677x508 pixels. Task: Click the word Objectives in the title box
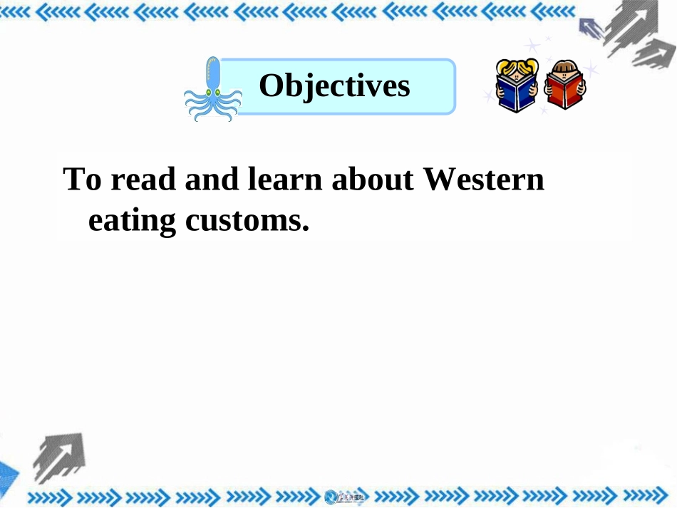click(334, 86)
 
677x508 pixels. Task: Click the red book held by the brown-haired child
click(564, 93)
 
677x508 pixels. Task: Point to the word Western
click(484, 180)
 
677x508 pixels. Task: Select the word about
click(373, 180)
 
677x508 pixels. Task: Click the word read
click(144, 180)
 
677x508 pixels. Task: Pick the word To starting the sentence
click(83, 180)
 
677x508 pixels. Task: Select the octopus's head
click(213, 71)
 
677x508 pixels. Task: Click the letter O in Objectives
click(271, 86)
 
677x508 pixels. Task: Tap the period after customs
click(305, 229)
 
